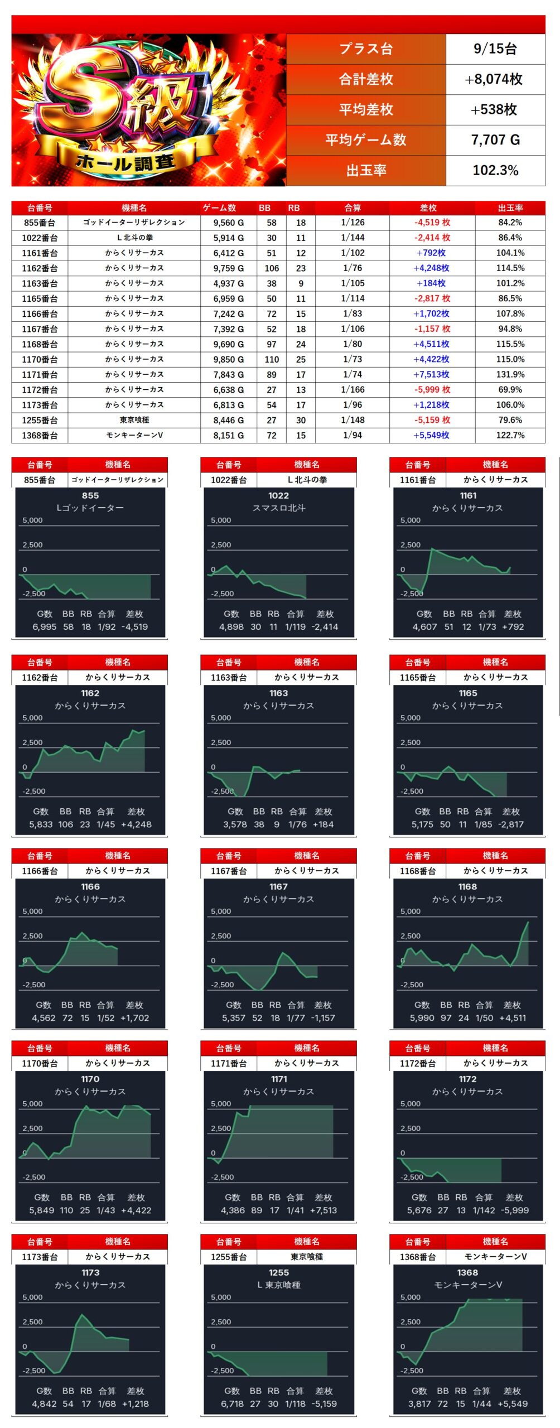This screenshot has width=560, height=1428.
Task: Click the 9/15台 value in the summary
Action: (x=495, y=49)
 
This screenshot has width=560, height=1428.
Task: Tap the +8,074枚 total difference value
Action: (x=495, y=79)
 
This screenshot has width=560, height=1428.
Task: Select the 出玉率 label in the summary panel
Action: (x=366, y=170)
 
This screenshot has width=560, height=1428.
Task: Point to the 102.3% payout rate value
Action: (x=495, y=170)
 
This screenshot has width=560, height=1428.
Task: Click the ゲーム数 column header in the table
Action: (x=219, y=208)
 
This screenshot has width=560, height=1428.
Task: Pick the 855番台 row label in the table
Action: (x=40, y=223)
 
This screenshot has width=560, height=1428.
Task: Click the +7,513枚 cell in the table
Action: (x=431, y=374)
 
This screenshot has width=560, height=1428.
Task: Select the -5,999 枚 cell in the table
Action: (x=431, y=389)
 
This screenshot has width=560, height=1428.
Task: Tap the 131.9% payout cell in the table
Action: (x=510, y=374)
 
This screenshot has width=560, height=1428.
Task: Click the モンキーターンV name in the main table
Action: (x=134, y=435)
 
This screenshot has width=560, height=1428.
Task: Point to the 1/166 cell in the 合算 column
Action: (x=353, y=389)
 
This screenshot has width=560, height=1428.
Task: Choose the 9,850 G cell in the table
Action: (x=228, y=359)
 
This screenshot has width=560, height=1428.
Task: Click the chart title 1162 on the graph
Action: (x=90, y=693)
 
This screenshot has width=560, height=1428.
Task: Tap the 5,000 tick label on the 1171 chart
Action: (x=221, y=1103)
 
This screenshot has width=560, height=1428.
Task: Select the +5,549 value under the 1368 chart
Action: (x=511, y=1403)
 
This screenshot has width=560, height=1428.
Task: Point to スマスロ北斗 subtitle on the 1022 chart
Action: (x=278, y=508)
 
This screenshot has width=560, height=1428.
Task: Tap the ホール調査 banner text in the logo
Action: (x=125, y=162)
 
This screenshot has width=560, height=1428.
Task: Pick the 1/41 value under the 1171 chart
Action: (x=296, y=1210)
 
